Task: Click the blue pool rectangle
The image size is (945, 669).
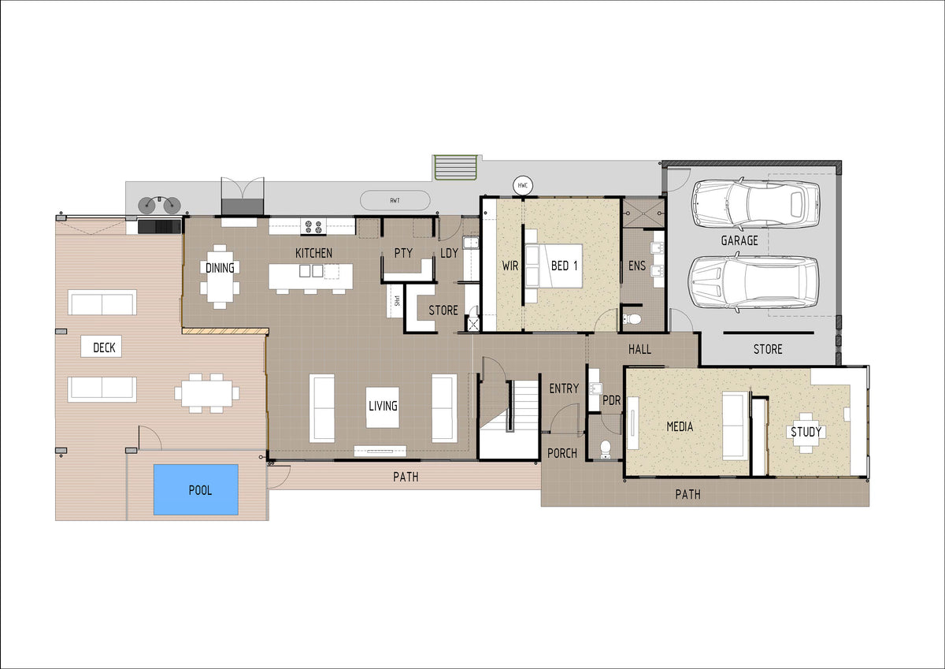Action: [196, 489]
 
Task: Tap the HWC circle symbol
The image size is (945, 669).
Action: [523, 185]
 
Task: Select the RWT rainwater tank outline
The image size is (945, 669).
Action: [395, 200]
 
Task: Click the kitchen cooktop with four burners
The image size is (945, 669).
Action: [313, 227]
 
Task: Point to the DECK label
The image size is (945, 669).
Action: [104, 348]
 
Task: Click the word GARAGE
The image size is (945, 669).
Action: [739, 240]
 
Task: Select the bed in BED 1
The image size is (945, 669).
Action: [554, 266]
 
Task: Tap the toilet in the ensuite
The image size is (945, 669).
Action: [632, 318]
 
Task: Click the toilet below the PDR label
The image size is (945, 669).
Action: [606, 449]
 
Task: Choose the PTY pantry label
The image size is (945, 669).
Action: [403, 253]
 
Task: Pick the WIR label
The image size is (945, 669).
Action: [510, 266]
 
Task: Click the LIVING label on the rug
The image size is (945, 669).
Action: [383, 406]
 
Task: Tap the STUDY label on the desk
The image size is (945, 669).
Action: [806, 432]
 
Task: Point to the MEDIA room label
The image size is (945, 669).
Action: [680, 427]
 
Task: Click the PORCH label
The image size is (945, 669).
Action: [562, 453]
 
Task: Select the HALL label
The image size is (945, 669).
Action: [639, 349]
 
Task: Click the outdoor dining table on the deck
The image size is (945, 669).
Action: [206, 393]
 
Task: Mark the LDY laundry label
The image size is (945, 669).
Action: [449, 253]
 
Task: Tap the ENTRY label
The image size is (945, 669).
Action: [564, 388]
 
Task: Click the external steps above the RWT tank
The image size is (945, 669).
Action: [456, 168]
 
